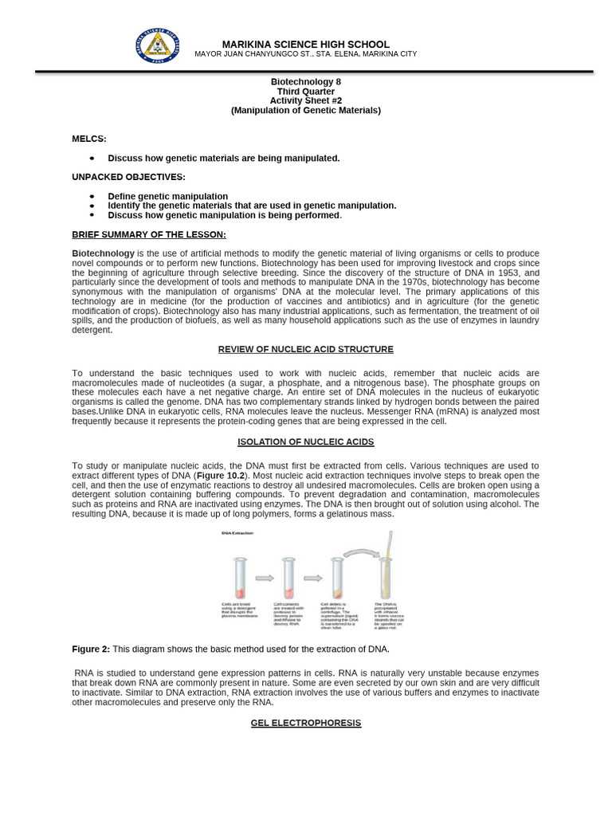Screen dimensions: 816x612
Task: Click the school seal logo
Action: coord(158,45)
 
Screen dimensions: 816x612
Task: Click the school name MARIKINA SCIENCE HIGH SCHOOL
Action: coord(305,45)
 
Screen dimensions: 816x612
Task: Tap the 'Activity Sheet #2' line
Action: coord(305,100)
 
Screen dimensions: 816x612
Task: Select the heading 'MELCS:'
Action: coord(88,139)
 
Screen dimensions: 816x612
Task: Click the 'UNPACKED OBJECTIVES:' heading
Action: coord(128,177)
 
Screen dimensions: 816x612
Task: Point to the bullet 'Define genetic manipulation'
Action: coord(167,196)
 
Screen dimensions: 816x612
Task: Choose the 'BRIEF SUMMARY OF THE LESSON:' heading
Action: coord(149,234)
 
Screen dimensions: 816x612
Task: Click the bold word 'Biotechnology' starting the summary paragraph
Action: coord(103,253)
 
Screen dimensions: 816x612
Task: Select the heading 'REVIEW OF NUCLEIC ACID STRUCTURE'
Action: coord(305,349)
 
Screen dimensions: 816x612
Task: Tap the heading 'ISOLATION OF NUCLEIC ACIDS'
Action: coord(305,441)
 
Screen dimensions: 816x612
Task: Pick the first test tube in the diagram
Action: coord(240,578)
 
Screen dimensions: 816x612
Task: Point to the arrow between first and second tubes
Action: coord(264,579)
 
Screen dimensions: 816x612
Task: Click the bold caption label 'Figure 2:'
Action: coord(91,649)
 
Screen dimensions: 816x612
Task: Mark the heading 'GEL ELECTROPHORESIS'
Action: coord(305,723)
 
